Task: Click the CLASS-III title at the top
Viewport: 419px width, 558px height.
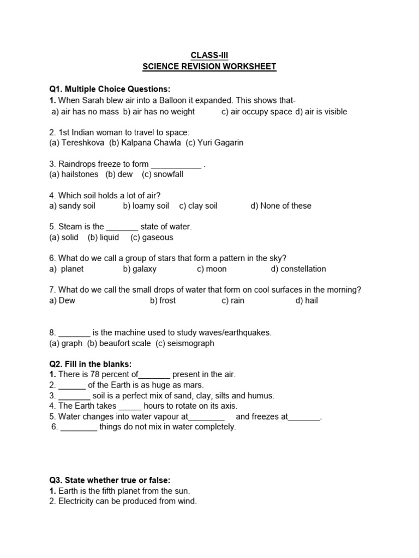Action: point(209,55)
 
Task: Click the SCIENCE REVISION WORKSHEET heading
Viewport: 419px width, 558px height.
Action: point(209,66)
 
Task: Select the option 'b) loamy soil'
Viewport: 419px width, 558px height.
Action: point(146,206)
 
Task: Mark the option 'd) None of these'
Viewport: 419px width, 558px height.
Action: point(281,206)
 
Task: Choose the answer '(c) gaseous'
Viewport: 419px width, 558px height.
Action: point(152,238)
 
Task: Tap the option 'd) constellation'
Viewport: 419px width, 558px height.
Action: point(298,269)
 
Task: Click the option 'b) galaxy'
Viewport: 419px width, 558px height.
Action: point(140,269)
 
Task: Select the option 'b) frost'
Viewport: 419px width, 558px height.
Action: point(163,301)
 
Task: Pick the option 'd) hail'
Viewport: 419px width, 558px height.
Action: point(307,301)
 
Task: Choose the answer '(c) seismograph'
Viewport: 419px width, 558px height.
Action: point(185,343)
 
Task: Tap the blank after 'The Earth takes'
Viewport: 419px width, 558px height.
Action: point(130,407)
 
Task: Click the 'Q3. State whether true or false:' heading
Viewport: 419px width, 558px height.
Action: point(110,480)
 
